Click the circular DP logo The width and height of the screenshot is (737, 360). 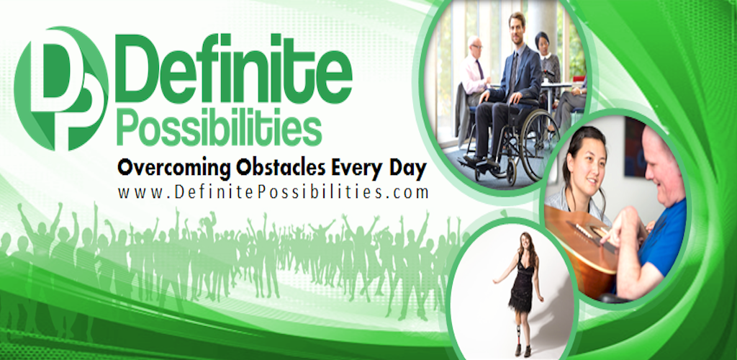coord(62,89)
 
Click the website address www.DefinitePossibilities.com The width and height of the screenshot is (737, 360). coord(273,193)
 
